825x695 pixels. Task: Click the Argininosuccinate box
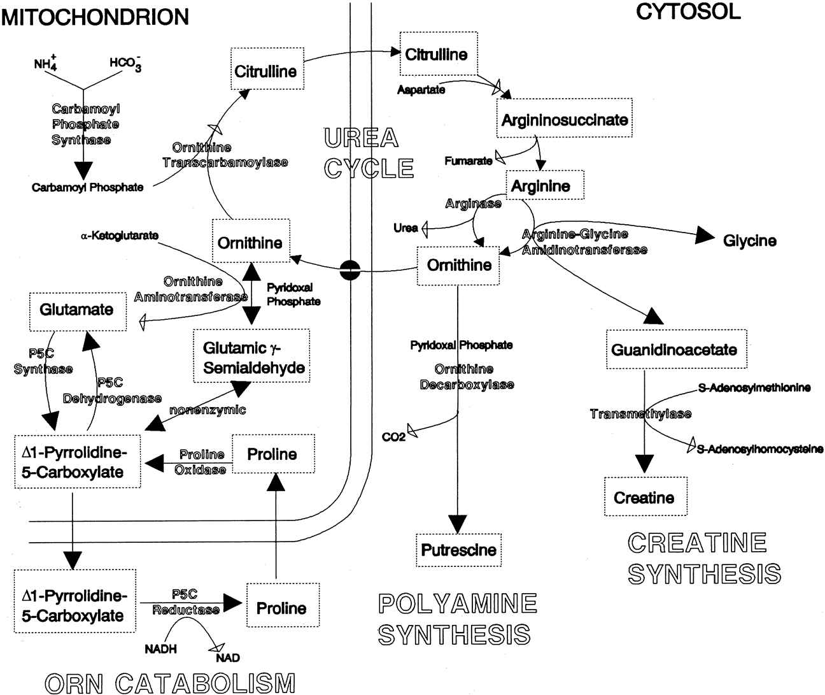pos(565,120)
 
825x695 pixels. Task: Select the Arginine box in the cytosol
pos(545,187)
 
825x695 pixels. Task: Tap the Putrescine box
pos(458,550)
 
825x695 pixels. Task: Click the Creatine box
pos(644,497)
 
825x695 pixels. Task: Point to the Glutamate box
pos(76,310)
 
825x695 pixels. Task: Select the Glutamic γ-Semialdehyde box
pos(253,357)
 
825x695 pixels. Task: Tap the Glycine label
pos(749,241)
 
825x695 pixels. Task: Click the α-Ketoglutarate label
pos(120,236)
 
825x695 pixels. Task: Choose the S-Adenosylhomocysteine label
pos(759,449)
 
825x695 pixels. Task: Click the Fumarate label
pos(468,161)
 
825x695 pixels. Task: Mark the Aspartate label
pos(421,90)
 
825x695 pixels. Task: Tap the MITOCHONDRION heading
pos(95,17)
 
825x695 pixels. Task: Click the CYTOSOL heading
pos(688,12)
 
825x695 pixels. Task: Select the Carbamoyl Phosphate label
pos(88,188)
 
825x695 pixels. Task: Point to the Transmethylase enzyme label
pos(640,414)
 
